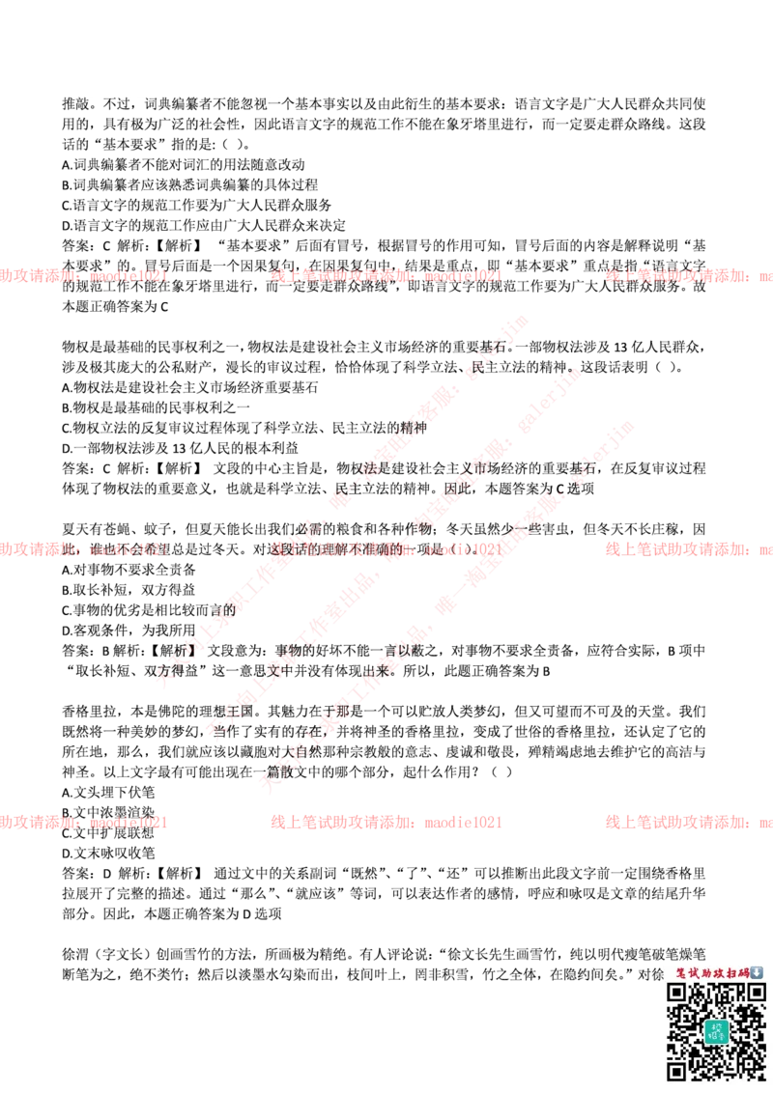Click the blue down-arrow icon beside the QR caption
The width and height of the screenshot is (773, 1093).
point(757,972)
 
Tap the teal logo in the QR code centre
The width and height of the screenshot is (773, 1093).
point(715,1031)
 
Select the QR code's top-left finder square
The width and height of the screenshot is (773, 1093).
point(677,994)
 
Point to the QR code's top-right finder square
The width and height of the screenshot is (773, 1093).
point(753,994)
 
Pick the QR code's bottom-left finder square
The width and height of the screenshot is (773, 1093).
point(677,1069)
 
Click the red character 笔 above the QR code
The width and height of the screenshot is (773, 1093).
point(680,972)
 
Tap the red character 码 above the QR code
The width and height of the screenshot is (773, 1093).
point(743,972)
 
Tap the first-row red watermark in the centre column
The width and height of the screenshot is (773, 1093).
point(386,276)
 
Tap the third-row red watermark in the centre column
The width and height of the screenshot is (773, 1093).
point(386,824)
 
